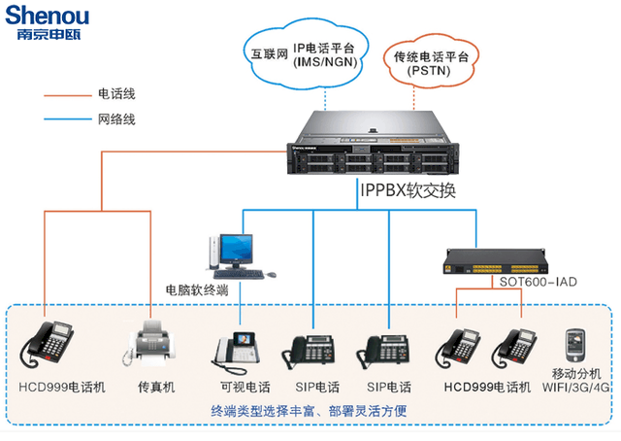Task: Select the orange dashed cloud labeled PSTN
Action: coord(431,63)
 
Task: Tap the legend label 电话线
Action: coord(116,95)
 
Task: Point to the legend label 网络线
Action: coord(116,119)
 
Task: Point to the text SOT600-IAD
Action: coord(538,283)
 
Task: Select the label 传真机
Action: coord(155,387)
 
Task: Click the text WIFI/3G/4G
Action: coord(579,387)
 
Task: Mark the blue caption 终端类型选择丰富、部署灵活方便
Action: coord(308,412)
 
